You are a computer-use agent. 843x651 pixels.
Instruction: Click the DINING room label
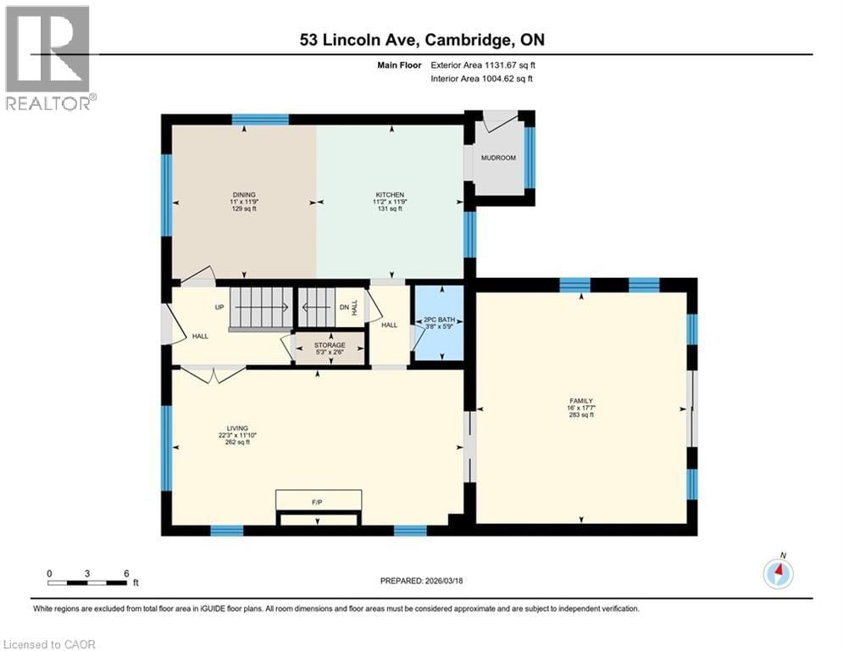tap(244, 194)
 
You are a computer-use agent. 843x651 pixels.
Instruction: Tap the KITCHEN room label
tap(390, 194)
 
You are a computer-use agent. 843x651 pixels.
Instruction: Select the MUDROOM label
tap(499, 158)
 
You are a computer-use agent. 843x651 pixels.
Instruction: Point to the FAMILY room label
tap(580, 400)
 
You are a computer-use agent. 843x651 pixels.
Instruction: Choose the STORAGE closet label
tap(330, 346)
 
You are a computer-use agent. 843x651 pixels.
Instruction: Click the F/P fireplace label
tap(318, 502)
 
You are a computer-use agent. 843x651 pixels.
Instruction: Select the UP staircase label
tap(219, 306)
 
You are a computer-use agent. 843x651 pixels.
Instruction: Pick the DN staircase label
tap(341, 306)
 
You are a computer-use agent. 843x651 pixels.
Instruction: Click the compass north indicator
tap(778, 572)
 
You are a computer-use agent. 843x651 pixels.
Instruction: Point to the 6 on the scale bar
tap(126, 573)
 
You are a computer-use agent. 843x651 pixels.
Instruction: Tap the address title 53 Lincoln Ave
tap(421, 40)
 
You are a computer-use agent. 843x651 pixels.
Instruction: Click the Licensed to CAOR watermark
tap(49, 644)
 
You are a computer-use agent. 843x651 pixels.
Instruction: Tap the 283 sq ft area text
tap(580, 415)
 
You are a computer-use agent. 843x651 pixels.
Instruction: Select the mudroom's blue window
tap(530, 157)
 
